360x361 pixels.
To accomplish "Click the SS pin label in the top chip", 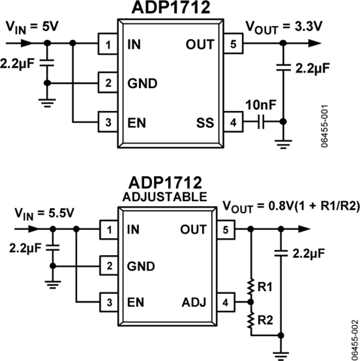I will click(x=206, y=122).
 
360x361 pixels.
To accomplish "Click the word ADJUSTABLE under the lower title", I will click(x=165, y=197).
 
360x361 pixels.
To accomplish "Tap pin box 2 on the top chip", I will click(x=108, y=83).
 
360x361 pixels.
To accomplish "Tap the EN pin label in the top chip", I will click(x=137, y=122).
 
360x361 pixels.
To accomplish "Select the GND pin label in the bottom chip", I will click(x=142, y=266).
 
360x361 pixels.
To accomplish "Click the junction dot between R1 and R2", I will click(x=251, y=302).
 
